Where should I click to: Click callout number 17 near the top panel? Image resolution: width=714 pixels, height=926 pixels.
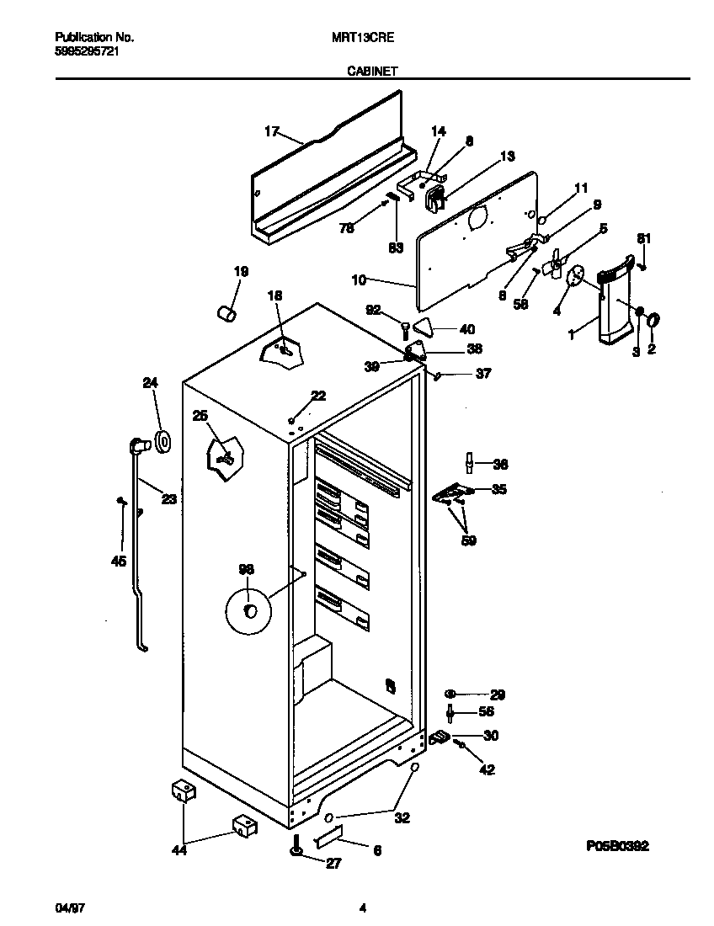point(271,130)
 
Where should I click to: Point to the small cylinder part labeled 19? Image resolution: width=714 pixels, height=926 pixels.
point(226,313)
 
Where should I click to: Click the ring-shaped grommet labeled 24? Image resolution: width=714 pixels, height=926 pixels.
point(160,439)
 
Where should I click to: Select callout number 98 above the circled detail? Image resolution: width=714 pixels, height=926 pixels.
point(246,570)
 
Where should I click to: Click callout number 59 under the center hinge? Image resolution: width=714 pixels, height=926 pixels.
point(469,540)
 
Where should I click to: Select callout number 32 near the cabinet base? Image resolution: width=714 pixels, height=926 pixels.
point(402,817)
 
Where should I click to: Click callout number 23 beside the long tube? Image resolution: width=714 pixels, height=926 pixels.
point(168,499)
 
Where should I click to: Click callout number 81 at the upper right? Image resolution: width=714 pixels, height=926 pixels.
point(643,238)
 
